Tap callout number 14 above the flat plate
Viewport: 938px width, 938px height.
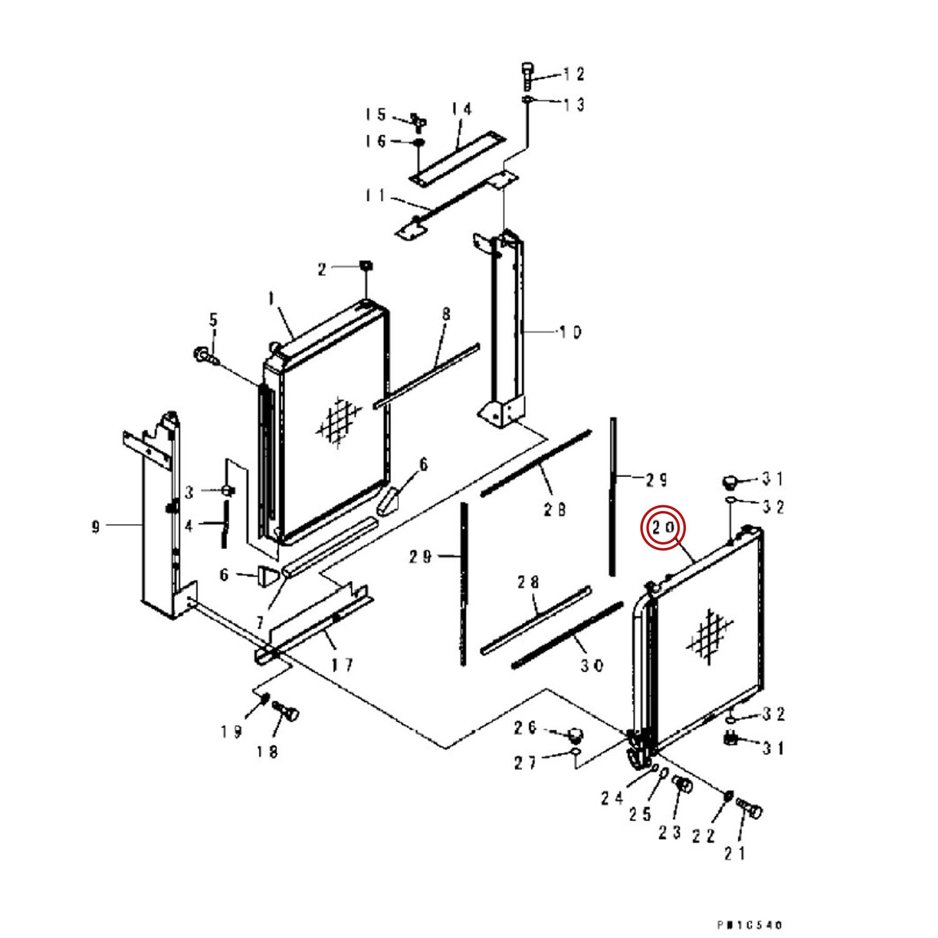pyautogui.click(x=461, y=109)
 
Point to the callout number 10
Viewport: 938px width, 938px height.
pyautogui.click(x=570, y=332)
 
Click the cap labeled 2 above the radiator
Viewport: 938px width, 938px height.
pyautogui.click(x=366, y=267)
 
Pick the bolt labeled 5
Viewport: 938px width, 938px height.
pyautogui.click(x=203, y=355)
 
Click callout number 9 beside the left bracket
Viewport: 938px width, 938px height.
pyautogui.click(x=95, y=527)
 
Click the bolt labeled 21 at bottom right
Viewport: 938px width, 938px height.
pyautogui.click(x=749, y=810)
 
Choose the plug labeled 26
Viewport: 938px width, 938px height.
pyautogui.click(x=575, y=732)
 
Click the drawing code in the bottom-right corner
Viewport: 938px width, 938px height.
pyautogui.click(x=749, y=924)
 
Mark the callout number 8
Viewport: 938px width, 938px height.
pyautogui.click(x=446, y=314)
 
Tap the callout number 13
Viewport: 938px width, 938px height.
pyautogui.click(x=574, y=104)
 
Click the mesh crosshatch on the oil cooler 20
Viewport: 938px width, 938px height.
pyautogui.click(x=710, y=635)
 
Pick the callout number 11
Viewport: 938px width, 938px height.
pyautogui.click(x=375, y=196)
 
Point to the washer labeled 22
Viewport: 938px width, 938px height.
pyautogui.click(x=729, y=796)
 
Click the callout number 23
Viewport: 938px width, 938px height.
pyautogui.click(x=669, y=832)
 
